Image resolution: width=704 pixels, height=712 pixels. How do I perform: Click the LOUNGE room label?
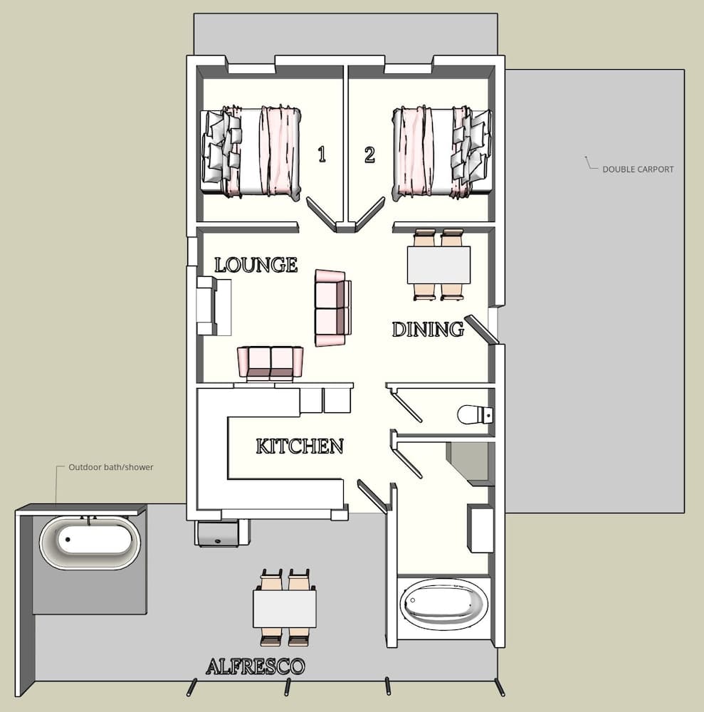coord(256,265)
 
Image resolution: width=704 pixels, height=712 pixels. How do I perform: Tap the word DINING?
coord(427,329)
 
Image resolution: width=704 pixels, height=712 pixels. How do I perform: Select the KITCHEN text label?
coord(299,446)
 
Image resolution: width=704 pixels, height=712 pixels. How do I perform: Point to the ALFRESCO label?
coord(255,666)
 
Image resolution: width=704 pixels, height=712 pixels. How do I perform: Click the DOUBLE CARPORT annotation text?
coord(637,169)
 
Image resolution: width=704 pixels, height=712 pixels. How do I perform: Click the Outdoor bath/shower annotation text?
coord(110,468)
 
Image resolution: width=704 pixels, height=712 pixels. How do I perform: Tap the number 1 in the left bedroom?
coord(322,154)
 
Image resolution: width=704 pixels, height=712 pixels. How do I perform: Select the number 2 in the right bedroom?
coord(369,154)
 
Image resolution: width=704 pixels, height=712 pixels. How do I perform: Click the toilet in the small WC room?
coord(474,414)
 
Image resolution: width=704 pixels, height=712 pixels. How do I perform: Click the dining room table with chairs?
coord(438,264)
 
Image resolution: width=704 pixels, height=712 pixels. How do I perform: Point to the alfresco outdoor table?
coord(285,607)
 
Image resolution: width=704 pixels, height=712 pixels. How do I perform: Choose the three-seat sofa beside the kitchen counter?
coord(270,363)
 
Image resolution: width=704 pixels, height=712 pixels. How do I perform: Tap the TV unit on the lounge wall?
coord(213,306)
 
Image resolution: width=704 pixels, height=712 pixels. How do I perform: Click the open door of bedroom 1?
coord(321,214)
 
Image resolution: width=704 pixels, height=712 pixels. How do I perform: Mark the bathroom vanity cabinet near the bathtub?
coord(480,528)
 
